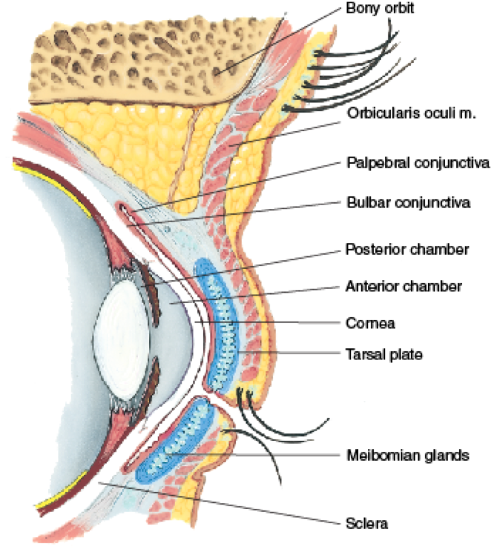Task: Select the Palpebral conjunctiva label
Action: click(406, 162)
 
